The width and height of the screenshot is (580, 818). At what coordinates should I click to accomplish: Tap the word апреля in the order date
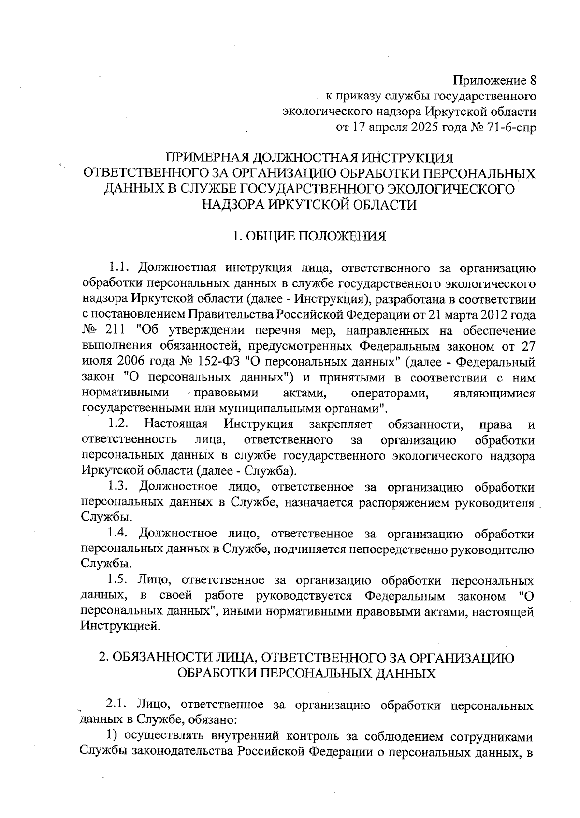(389, 127)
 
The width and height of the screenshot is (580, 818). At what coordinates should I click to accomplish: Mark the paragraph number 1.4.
(119, 534)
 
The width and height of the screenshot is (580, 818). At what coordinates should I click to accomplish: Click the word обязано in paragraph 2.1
(211, 720)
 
